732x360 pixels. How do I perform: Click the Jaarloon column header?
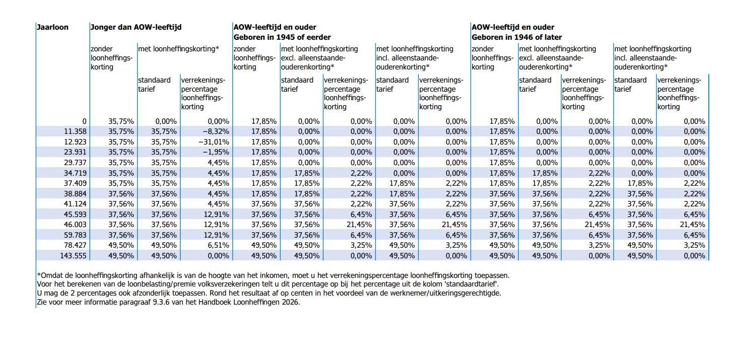pyautogui.click(x=52, y=27)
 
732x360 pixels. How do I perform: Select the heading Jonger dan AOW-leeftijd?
pyautogui.click(x=136, y=27)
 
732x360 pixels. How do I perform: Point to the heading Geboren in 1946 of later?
pyautogui.click(x=517, y=37)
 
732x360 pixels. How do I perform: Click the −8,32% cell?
pyautogui.click(x=215, y=131)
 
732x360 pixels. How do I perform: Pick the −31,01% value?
pyautogui.click(x=214, y=142)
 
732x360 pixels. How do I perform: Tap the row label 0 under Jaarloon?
pyautogui.click(x=84, y=121)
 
